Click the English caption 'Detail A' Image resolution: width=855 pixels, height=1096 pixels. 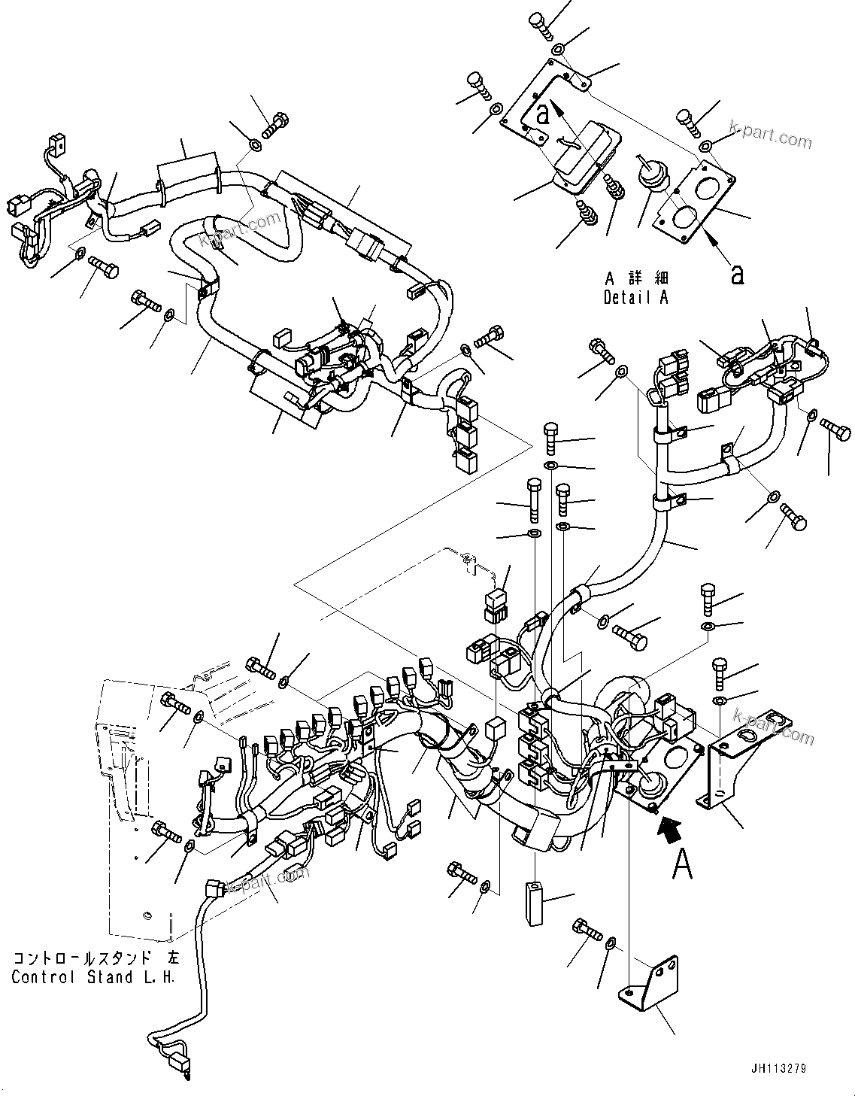point(635,297)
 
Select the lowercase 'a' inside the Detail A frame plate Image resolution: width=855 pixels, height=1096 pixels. point(543,114)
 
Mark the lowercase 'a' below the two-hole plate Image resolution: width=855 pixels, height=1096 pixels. point(738,275)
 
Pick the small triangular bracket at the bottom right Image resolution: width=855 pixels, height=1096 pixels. point(649,978)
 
